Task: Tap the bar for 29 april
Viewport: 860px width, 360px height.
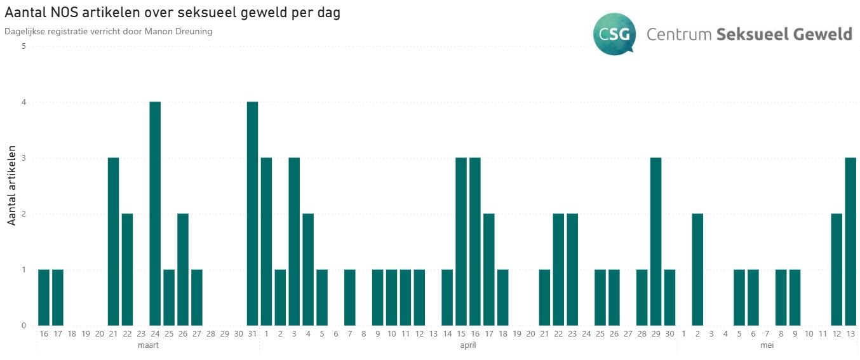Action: click(x=656, y=241)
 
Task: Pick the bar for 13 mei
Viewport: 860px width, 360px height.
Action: click(x=850, y=241)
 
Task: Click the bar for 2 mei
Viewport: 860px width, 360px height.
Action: click(x=697, y=269)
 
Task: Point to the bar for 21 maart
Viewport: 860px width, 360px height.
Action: click(x=114, y=241)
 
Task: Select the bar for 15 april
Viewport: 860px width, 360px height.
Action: click(x=461, y=241)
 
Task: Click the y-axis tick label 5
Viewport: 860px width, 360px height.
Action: click(x=24, y=46)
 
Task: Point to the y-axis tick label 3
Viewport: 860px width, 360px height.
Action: click(x=24, y=158)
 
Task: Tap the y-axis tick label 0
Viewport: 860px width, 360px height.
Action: click(x=24, y=326)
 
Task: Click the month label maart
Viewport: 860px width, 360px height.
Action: click(x=148, y=345)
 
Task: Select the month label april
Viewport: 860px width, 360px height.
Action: click(x=467, y=345)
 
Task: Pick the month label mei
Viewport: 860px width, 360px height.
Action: click(x=767, y=345)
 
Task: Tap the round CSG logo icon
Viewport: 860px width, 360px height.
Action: click(x=613, y=34)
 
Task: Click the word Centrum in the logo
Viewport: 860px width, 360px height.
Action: click(x=678, y=34)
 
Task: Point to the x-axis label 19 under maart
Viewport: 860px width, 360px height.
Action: click(x=86, y=333)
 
